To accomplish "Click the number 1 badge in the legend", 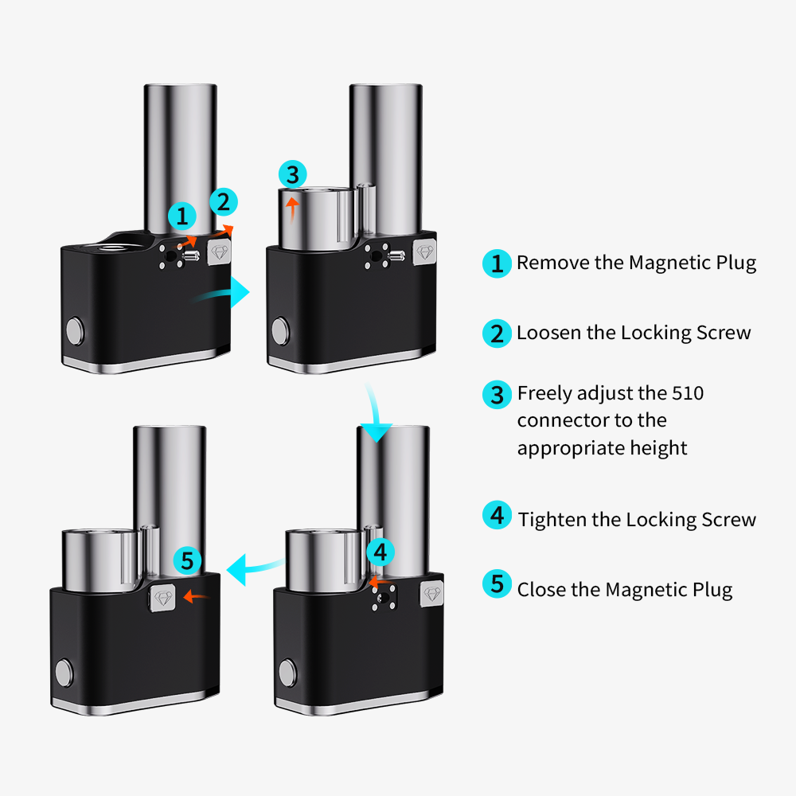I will tap(497, 263).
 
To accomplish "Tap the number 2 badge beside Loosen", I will tap(497, 333).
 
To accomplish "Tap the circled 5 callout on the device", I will tap(187, 560).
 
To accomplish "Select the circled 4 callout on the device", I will tap(380, 551).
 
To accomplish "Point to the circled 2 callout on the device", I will tap(223, 202).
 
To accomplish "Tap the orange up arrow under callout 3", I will tap(293, 209).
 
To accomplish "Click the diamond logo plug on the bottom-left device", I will tap(164, 596).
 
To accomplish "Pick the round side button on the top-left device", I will tap(73, 329).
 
